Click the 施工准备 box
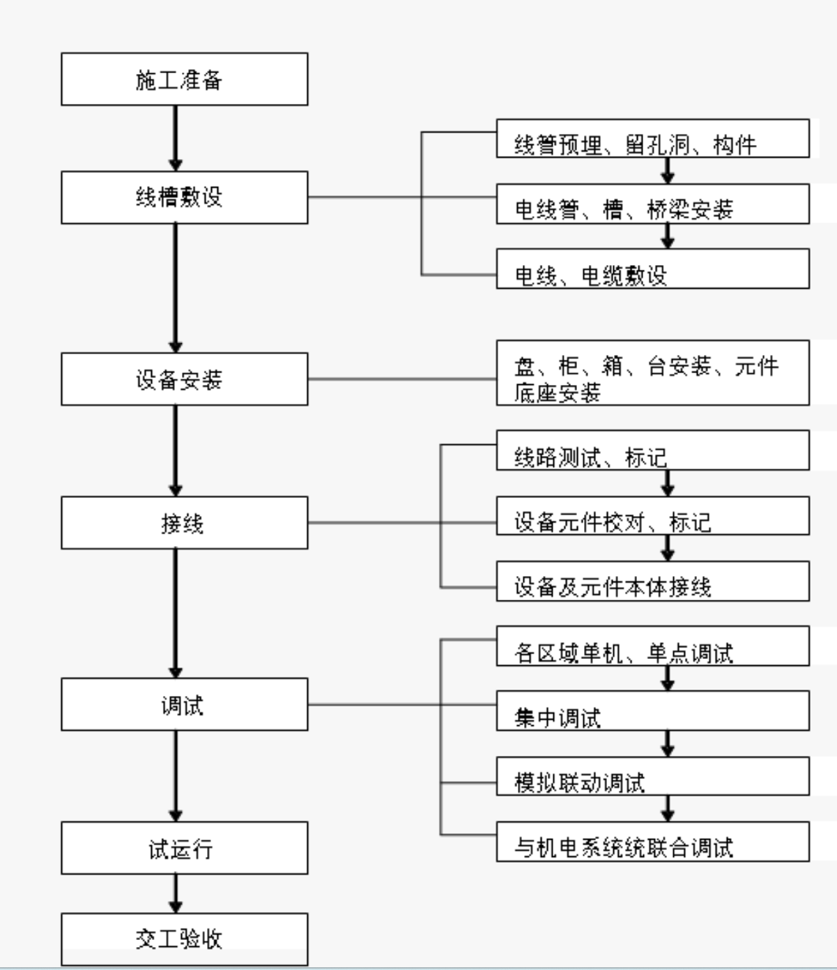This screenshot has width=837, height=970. pyautogui.click(x=184, y=79)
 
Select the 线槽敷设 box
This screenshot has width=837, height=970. pyautogui.click(x=184, y=197)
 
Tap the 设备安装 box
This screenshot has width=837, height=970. pyautogui.click(x=184, y=379)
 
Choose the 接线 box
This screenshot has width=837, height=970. pyautogui.click(x=184, y=522)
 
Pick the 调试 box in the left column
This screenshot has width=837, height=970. pyautogui.click(x=184, y=704)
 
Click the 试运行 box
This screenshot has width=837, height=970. pyautogui.click(x=184, y=848)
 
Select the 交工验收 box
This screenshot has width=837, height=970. pyautogui.click(x=184, y=939)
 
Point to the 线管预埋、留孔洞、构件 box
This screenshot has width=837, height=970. pyautogui.click(x=652, y=138)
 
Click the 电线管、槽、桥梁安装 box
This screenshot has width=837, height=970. pyautogui.click(x=652, y=204)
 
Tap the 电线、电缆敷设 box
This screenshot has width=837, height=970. pyautogui.click(x=652, y=268)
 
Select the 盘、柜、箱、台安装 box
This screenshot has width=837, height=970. pyautogui.click(x=652, y=372)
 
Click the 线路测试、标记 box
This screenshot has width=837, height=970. pyautogui.click(x=652, y=450)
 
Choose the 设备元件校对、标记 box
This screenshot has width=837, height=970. pyautogui.click(x=652, y=515)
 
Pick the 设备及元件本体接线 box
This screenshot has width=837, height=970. pyautogui.click(x=652, y=581)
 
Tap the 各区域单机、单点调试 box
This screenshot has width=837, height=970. pyautogui.click(x=652, y=646)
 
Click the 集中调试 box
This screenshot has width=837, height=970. pyautogui.click(x=652, y=711)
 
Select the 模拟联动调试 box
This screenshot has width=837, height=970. pyautogui.click(x=652, y=775)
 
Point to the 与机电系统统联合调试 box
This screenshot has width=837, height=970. pyautogui.click(x=652, y=841)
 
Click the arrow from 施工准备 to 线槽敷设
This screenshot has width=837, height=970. pyautogui.click(x=176, y=138)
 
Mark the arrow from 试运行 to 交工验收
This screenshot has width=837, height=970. pyautogui.click(x=176, y=893)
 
